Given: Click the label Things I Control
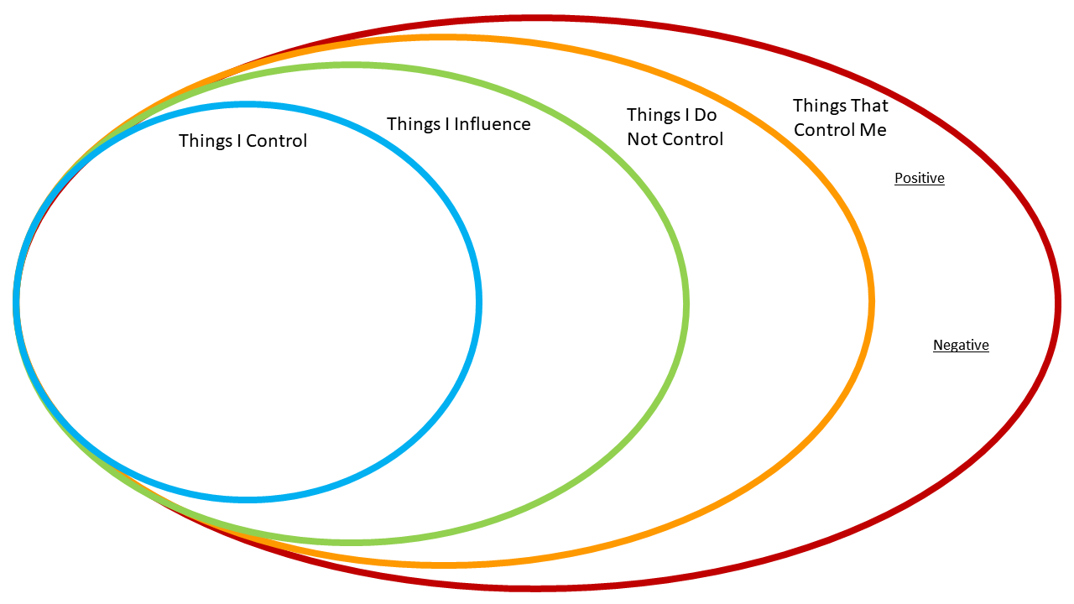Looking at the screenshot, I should (242, 141).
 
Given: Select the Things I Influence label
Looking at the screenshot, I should (458, 124).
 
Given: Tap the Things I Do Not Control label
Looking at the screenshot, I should (675, 127).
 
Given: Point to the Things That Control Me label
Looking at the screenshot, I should (840, 117).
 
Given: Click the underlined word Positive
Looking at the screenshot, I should (919, 178).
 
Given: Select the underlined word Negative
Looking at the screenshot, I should (961, 345).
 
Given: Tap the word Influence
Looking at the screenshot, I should (493, 124).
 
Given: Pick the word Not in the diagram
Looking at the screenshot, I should (642, 139).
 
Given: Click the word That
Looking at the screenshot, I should (869, 106).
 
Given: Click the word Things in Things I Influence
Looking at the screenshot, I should (414, 124).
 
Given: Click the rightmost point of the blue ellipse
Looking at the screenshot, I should (479, 302).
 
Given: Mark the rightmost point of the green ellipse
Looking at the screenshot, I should (686, 303).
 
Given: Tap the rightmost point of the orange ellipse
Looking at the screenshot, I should (872, 302).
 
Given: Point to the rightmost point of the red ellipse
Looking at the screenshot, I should (1058, 303).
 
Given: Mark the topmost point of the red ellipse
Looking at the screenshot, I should (537, 18).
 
